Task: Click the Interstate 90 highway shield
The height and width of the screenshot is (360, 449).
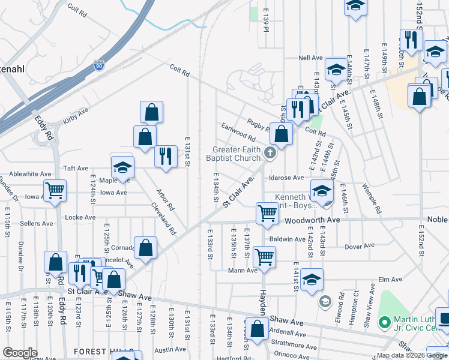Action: tap(99, 65)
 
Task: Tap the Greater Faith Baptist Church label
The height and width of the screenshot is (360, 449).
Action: tap(238, 154)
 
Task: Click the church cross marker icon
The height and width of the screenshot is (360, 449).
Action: tap(270, 154)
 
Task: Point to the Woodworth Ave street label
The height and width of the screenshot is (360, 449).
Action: tap(312, 220)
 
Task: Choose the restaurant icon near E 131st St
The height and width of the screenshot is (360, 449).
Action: tap(166, 156)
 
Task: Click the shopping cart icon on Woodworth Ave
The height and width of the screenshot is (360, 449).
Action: tap(267, 212)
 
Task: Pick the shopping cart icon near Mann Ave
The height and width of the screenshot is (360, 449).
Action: tap(264, 256)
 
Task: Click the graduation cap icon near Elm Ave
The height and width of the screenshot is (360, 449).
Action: tap(312, 279)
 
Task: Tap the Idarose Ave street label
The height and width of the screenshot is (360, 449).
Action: tap(287, 178)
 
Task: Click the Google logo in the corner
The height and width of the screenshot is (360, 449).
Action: tap(20, 353)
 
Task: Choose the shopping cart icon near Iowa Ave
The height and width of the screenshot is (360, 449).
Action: tap(55, 191)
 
